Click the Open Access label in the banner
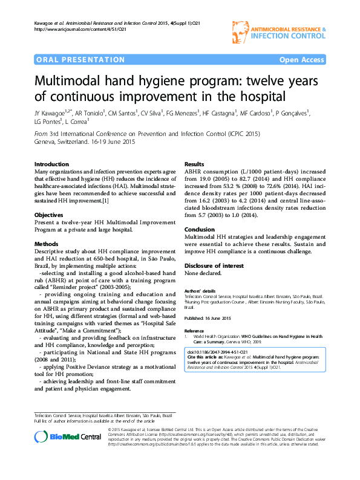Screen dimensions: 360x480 pyautogui.click(x=301, y=60)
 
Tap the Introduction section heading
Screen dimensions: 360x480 pyautogui.click(x=51, y=164)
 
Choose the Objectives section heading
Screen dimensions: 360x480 pyautogui.click(x=49, y=215)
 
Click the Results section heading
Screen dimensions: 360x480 pyautogui.click(x=194, y=164)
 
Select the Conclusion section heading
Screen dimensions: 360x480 pyautogui.click(x=199, y=230)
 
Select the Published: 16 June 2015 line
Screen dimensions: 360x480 pyautogui.click(x=208, y=317)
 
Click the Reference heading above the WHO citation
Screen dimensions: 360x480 pyautogui.click(x=194, y=331)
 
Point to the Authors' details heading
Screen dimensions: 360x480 pyautogui.click(x=200, y=291)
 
